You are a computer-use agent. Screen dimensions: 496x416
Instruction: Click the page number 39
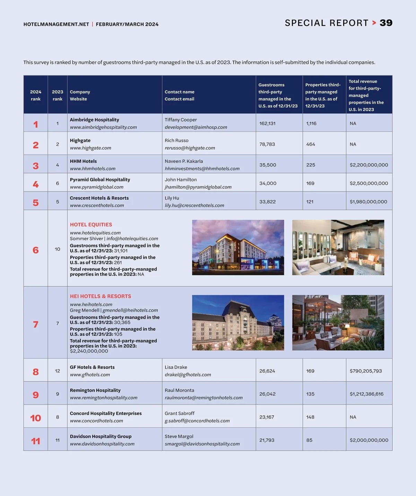(x=386, y=23)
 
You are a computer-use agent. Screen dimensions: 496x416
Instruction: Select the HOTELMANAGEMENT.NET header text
(x=56, y=24)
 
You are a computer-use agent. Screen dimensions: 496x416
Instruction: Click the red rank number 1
(x=36, y=124)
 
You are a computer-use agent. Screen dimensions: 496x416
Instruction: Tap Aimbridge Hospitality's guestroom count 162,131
(x=267, y=123)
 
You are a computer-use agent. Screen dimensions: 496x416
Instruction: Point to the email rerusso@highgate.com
(x=190, y=148)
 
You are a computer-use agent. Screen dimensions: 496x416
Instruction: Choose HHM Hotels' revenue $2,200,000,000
(x=369, y=165)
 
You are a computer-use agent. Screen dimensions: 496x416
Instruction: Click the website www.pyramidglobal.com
(x=96, y=187)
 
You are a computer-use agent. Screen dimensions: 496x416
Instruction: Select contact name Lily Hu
(x=172, y=198)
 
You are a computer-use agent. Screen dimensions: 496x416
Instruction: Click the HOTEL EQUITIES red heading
(x=91, y=224)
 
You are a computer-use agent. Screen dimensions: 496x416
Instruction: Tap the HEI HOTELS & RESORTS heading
(x=101, y=296)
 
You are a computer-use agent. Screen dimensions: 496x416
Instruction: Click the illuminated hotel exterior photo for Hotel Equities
(x=238, y=247)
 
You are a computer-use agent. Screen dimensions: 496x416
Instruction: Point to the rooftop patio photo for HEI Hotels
(x=338, y=322)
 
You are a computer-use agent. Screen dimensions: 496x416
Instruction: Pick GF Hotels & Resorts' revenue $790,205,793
(x=366, y=371)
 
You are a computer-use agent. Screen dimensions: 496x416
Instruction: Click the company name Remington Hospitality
(x=95, y=390)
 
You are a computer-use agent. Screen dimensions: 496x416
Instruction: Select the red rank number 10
(x=36, y=418)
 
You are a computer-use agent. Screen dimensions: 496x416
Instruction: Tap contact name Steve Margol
(x=179, y=436)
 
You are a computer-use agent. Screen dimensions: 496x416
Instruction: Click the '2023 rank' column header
(x=58, y=95)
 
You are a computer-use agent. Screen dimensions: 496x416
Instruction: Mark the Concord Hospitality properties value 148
(x=310, y=417)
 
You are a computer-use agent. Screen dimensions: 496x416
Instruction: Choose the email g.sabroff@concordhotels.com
(x=197, y=421)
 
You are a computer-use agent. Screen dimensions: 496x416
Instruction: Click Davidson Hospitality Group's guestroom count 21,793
(x=267, y=440)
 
